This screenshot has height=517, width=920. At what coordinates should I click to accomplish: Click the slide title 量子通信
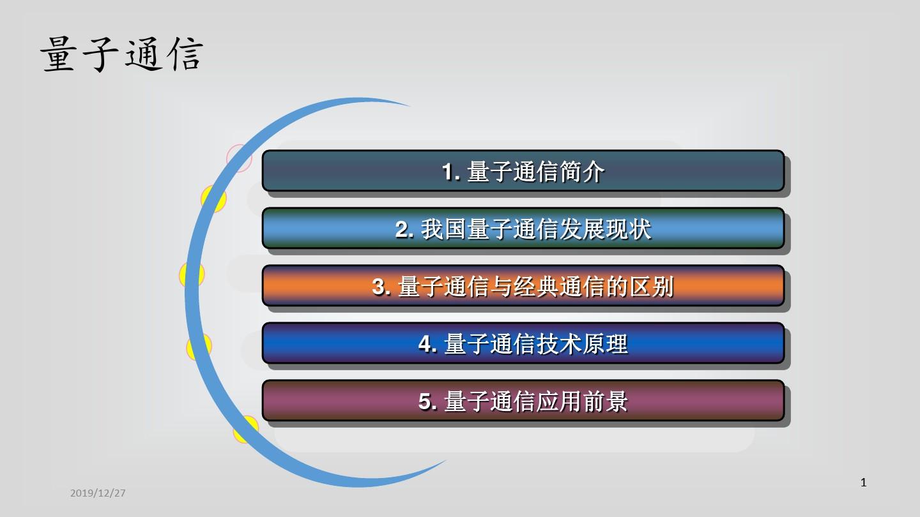122,55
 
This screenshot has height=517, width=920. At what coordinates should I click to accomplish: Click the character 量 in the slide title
59,55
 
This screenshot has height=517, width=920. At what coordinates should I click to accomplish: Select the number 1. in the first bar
451,172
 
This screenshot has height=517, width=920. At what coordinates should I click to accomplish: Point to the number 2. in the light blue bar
404,229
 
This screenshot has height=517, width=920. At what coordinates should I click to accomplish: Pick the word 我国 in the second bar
443,229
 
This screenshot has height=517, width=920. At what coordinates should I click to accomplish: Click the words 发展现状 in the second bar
605,229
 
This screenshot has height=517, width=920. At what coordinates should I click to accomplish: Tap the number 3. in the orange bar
381,287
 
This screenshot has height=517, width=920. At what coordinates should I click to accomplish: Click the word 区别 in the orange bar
652,287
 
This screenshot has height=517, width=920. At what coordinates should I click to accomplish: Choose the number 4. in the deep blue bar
427,344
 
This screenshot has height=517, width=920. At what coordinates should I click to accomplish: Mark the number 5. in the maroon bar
427,401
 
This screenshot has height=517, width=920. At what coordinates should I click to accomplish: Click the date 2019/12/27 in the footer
98,493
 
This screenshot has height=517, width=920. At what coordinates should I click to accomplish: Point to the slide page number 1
863,483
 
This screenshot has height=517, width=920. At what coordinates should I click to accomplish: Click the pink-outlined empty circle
239,158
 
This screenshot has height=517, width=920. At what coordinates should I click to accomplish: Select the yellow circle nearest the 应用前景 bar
245,429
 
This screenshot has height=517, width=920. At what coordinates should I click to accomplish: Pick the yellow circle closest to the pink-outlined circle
213,199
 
